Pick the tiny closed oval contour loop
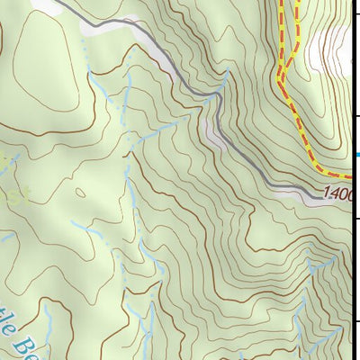(81, 192)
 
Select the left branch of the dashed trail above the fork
(280, 36)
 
